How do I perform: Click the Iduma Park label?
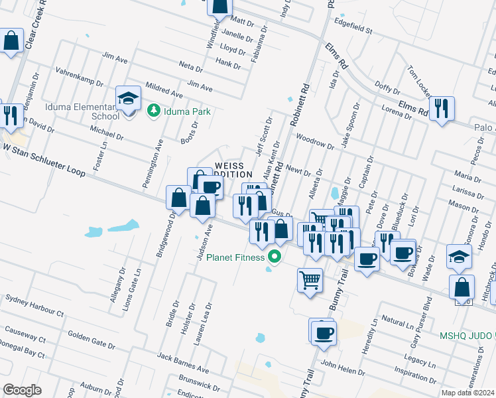click(x=187, y=111)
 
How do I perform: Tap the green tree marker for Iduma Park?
click(x=154, y=110)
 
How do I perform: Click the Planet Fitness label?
click(x=235, y=257)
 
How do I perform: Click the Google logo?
click(x=22, y=389)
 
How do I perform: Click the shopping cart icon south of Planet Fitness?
click(x=310, y=280)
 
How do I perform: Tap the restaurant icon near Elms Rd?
click(x=442, y=108)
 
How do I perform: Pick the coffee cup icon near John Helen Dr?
click(x=322, y=331)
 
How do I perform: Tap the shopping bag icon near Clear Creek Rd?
click(x=11, y=41)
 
